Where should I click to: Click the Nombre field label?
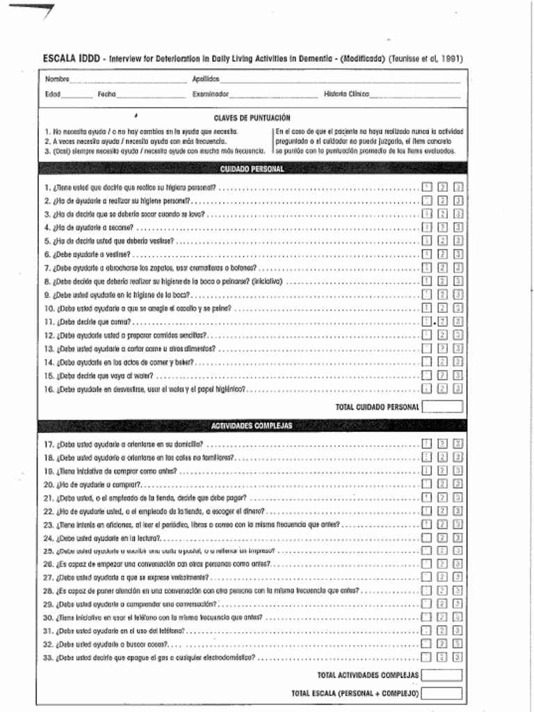coord(57,79)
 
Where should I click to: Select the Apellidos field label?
coord(206,79)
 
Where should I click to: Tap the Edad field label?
coord(53,93)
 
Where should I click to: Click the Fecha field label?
coord(106,93)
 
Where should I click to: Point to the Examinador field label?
coord(211,93)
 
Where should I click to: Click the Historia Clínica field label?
coord(346,93)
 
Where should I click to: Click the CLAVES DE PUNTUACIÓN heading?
coord(252,118)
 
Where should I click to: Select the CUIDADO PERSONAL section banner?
coord(252,169)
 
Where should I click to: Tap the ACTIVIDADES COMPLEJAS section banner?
coord(252,425)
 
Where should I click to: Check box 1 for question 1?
coord(427,187)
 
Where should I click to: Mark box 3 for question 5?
coord(458,241)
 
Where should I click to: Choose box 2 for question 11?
coord(443,322)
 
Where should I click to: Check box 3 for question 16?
coord(458,389)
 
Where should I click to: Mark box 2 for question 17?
coord(443,444)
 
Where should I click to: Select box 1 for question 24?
coord(427,538)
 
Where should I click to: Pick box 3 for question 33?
coord(458,656)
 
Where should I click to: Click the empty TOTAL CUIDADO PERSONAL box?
coord(442,407)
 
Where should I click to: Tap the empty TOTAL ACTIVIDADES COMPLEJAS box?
coord(442,675)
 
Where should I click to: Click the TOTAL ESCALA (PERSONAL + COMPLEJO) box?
coord(442,693)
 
